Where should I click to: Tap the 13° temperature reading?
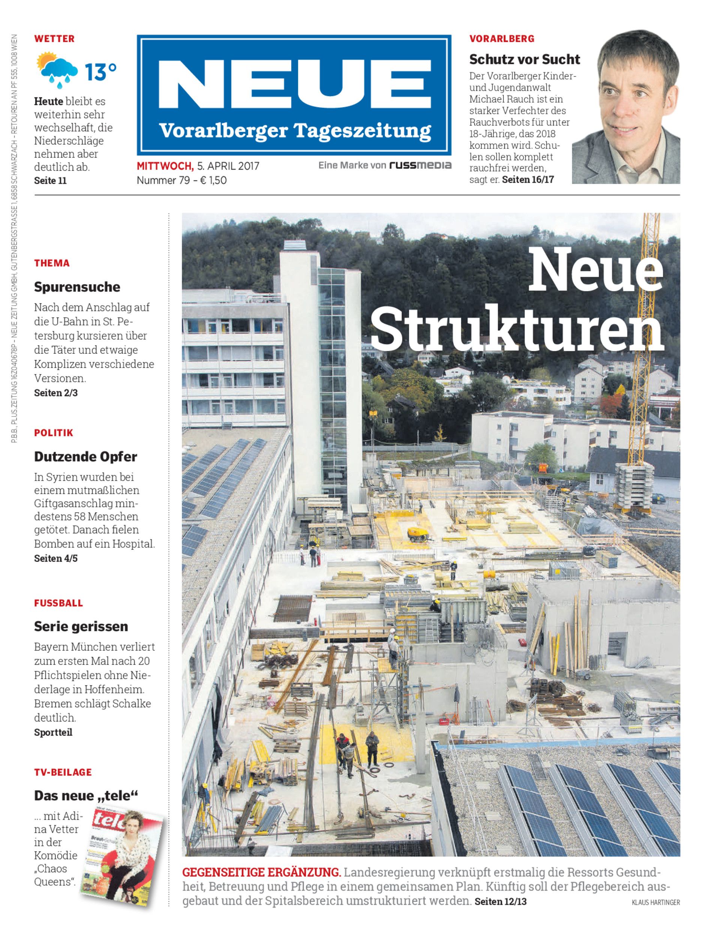click(x=100, y=71)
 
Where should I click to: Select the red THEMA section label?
click(x=52, y=263)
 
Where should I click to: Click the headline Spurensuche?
click(x=77, y=287)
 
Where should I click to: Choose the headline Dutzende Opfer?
click(x=85, y=457)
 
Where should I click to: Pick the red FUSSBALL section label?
click(x=58, y=603)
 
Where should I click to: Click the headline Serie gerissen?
click(x=81, y=627)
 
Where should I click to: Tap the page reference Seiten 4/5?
click(x=55, y=558)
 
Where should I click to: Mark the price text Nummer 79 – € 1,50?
click(x=181, y=181)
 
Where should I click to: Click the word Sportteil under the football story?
click(x=53, y=732)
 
